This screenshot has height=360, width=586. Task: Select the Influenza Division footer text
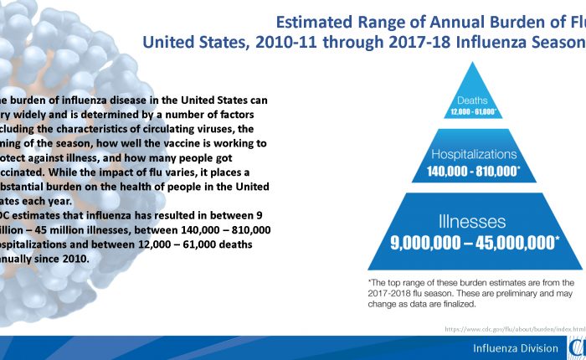pyautogui.click(x=514, y=348)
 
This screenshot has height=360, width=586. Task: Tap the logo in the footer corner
pyautogui.click(x=578, y=347)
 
